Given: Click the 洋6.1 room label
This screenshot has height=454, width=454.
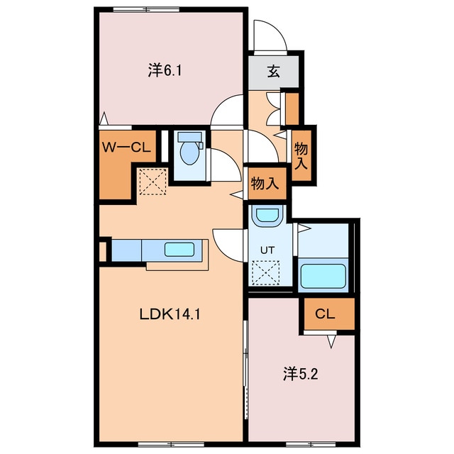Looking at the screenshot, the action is coord(165,71).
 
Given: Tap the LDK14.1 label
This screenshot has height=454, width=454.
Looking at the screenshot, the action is coord(170,314).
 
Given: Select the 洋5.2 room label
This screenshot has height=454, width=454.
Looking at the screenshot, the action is coord(301,374).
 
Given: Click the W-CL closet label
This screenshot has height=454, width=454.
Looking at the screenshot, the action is coord(126,148).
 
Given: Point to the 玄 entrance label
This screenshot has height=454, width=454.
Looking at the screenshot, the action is coord(273,71).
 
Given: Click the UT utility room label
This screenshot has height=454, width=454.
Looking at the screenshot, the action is coord(267,250).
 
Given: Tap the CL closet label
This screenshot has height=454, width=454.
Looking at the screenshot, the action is coord(325,314).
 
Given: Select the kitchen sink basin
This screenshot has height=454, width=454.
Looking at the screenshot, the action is coord(179,249).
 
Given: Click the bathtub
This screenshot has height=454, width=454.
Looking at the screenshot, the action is coord(323,275).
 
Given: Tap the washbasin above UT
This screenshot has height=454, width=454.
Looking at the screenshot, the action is coord(267,216).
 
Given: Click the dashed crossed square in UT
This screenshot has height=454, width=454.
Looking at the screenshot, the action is coord(266,272).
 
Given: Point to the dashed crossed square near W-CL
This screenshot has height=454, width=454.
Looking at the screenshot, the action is coord(153,182).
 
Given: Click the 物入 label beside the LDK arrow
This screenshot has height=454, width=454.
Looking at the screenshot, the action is coord(265,183).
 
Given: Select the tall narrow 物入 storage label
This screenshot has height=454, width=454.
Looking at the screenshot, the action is coord(301,156).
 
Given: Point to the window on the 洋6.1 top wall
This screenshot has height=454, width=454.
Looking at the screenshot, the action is coord(146,9).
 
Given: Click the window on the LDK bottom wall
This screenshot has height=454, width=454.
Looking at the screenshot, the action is coord(171,444).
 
